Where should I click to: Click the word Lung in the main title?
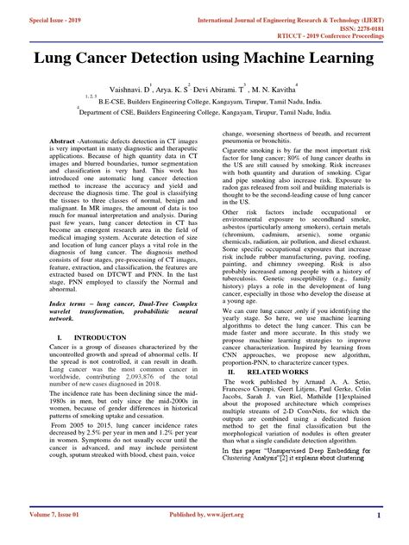pyautogui.click(x=57, y=60)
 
